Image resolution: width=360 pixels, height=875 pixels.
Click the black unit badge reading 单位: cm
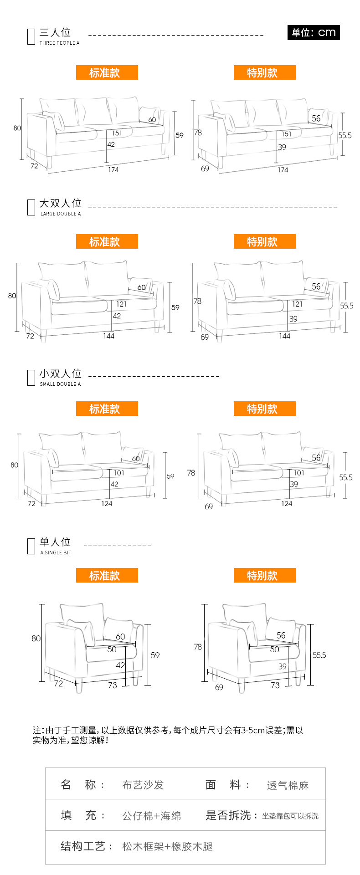tap(314, 32)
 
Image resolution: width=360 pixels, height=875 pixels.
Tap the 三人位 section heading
tap(55, 32)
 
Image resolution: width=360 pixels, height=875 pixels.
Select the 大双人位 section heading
tap(60, 203)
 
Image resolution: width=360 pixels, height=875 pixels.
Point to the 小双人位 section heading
tap(60, 374)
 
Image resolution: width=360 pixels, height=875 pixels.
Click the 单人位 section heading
tap(55, 542)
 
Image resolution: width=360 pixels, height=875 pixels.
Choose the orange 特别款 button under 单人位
tap(265, 575)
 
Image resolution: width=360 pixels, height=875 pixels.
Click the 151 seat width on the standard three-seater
tap(117, 133)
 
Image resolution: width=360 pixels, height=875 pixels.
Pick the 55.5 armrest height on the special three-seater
tap(345, 135)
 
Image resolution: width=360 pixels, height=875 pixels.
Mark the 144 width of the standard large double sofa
tap(108, 336)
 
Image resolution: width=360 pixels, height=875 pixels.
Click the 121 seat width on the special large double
tap(297, 304)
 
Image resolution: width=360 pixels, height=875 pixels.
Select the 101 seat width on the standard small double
tap(119, 473)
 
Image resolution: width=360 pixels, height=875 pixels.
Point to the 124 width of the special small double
tap(287, 503)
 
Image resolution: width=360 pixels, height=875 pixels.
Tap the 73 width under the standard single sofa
tap(113, 685)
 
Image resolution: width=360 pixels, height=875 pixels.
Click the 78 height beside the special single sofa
tap(198, 647)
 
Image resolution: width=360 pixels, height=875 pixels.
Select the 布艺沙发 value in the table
tap(143, 785)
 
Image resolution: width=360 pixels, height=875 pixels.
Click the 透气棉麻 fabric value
tap(288, 785)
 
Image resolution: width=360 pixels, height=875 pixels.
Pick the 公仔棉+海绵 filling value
tap(152, 816)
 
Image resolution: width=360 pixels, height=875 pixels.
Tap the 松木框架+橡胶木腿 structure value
tap(167, 846)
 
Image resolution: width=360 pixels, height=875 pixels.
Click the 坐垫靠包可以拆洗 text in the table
tap(290, 816)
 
